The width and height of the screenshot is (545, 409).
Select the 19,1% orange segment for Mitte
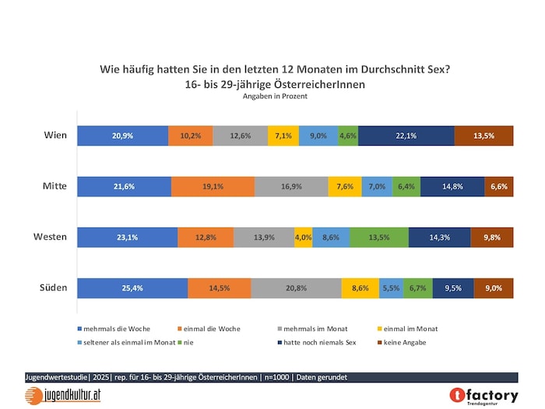pos(213,186)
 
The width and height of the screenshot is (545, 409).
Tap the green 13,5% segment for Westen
pos(378,237)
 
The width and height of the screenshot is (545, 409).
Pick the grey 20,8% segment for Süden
pos(296,287)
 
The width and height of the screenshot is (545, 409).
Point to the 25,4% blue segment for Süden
pos(133,287)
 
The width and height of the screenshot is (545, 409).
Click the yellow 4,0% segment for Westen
pos(303,237)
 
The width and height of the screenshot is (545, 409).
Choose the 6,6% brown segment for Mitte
pos(499,186)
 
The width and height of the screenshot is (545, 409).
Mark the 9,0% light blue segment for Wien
pos(318,136)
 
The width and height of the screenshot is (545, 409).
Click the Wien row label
pos(54,136)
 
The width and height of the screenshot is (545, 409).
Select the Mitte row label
pos(54,186)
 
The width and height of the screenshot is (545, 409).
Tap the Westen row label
pos(50,237)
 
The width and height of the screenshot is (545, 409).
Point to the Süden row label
pos(53,287)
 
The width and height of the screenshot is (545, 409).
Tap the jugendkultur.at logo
pos(62,394)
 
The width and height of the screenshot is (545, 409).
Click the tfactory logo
pos(483,396)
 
